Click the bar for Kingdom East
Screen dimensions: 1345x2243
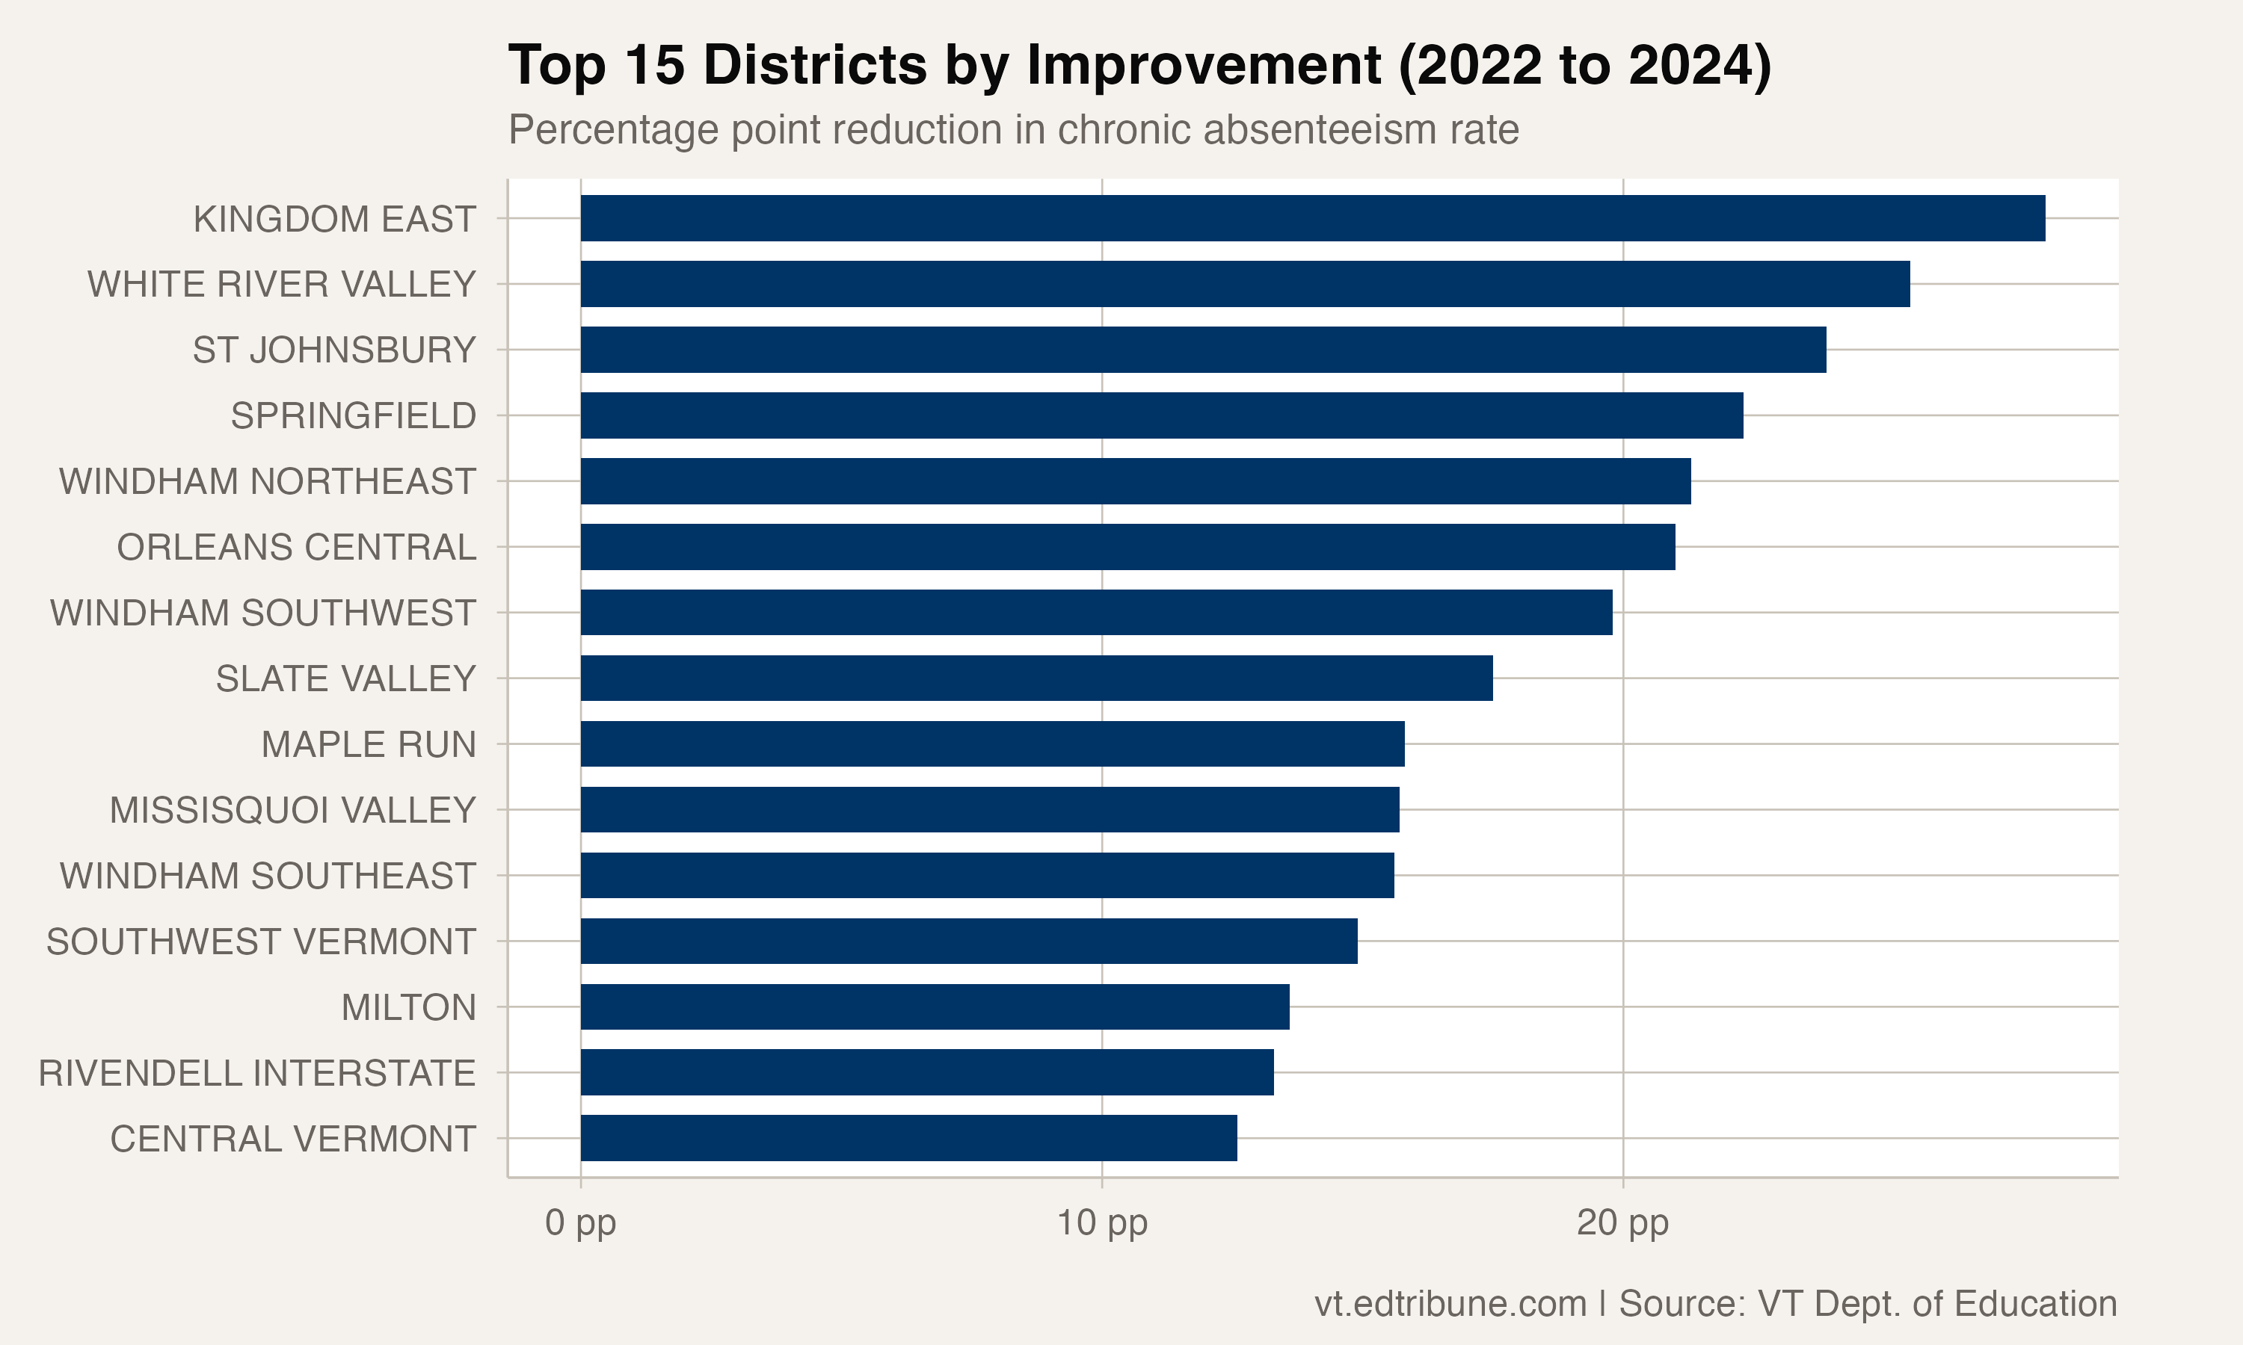click(1312, 218)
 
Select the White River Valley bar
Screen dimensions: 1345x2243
click(1245, 284)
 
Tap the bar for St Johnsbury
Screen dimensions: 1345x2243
click(1203, 350)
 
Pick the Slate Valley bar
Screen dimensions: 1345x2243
click(1036, 678)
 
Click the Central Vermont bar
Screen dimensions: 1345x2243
click(908, 1138)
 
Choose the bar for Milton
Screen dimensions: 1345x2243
click(935, 1007)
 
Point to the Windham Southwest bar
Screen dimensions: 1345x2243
click(1096, 613)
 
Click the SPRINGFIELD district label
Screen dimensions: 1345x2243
click(353, 416)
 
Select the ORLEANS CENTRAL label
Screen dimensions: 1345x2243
click(297, 548)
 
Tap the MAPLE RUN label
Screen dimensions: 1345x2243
click(368, 744)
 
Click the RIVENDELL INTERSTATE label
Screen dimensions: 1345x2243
click(256, 1073)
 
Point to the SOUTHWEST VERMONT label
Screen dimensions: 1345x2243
click(261, 941)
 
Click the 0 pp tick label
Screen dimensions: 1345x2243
click(580, 1222)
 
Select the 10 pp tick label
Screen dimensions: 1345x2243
click(1101, 1222)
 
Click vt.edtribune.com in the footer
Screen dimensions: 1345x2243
click(1450, 1303)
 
